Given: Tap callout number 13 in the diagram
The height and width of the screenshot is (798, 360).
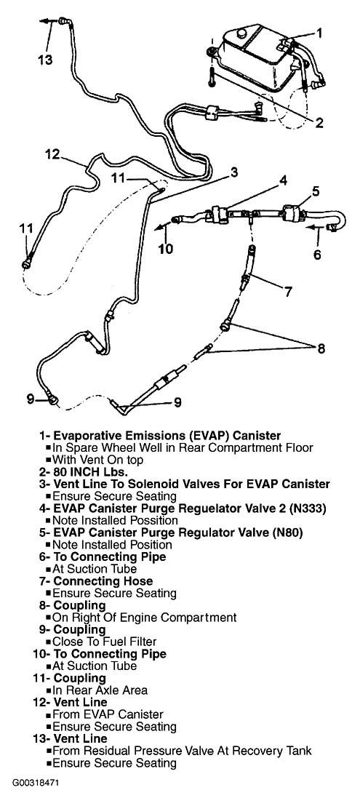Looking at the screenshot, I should tap(45, 60).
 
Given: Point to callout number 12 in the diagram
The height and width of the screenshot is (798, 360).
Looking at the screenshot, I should tap(50, 154).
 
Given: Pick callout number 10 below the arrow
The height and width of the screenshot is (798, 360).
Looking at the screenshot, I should tap(165, 250).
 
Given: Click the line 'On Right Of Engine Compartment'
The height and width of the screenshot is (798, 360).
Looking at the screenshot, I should tap(145, 618).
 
